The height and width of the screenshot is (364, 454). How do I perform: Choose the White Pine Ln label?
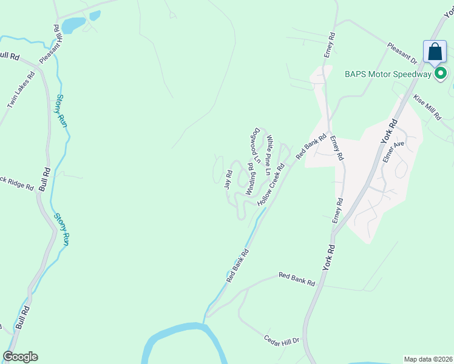click(x=269, y=154)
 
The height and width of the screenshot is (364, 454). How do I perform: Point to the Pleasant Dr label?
click(x=402, y=53)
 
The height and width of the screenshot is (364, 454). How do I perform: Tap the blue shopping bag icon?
click(x=435, y=52)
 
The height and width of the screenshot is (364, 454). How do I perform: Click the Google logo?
click(x=20, y=357)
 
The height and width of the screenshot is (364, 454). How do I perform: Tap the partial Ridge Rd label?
click(x=17, y=183)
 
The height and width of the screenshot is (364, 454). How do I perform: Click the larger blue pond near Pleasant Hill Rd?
click(x=73, y=25)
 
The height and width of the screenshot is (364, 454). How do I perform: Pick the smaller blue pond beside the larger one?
click(x=95, y=16)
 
